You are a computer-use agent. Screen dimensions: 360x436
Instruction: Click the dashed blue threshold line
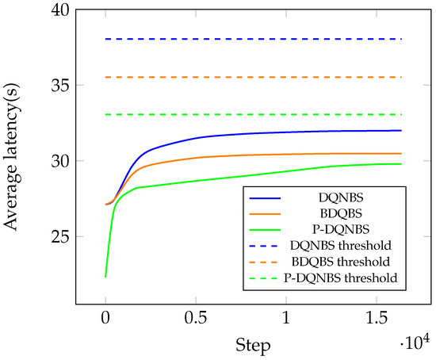point(254,39)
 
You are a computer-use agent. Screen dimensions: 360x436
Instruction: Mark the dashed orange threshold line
point(254,77)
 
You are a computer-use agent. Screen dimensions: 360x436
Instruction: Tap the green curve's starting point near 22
point(105,276)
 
